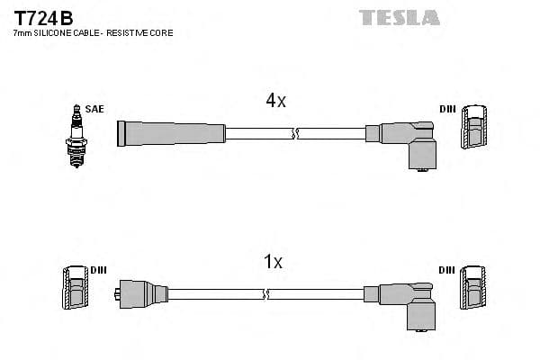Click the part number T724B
[43, 17]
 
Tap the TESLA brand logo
[400, 17]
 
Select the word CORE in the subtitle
[159, 33]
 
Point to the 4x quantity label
[275, 101]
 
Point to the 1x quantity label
[273, 262]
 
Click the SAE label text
[95, 109]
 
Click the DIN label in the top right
[447, 109]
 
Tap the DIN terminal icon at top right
[476, 128]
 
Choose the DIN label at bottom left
[98, 270]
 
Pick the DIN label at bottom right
[447, 270]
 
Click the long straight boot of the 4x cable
[171, 133]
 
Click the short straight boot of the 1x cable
[143, 293]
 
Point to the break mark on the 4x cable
[294, 133]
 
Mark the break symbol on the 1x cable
[265, 294]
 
